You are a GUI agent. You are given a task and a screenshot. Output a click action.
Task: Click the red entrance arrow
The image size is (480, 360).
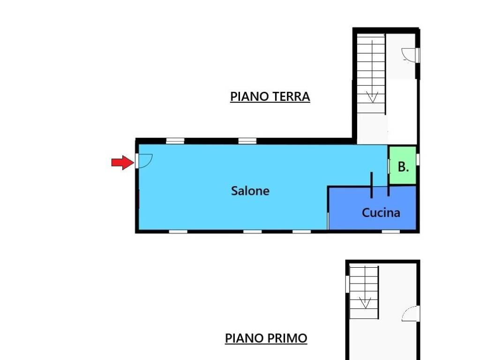click(123, 162)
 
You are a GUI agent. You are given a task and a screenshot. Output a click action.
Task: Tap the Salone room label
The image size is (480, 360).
click(250, 191)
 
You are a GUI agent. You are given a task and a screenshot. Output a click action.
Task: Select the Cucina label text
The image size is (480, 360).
click(381, 212)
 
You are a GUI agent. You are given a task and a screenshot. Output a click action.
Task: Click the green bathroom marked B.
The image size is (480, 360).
click(403, 165)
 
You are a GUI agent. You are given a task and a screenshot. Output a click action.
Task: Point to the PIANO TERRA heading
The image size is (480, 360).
click(270, 97)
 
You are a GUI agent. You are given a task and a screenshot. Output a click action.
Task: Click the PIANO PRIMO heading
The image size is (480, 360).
click(266, 338)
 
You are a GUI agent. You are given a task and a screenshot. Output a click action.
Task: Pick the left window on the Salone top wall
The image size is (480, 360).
click(175, 141)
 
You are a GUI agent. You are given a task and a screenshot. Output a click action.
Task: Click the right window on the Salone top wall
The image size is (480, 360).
click(247, 141)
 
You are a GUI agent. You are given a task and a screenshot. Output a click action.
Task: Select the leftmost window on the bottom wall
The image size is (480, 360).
click(178, 232)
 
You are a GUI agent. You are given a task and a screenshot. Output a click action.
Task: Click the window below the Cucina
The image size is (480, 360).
click(390, 232)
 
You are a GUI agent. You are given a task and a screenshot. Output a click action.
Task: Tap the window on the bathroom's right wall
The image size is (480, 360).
click(418, 159)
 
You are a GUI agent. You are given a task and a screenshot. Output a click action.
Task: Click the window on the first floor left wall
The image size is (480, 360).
click(347, 284)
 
